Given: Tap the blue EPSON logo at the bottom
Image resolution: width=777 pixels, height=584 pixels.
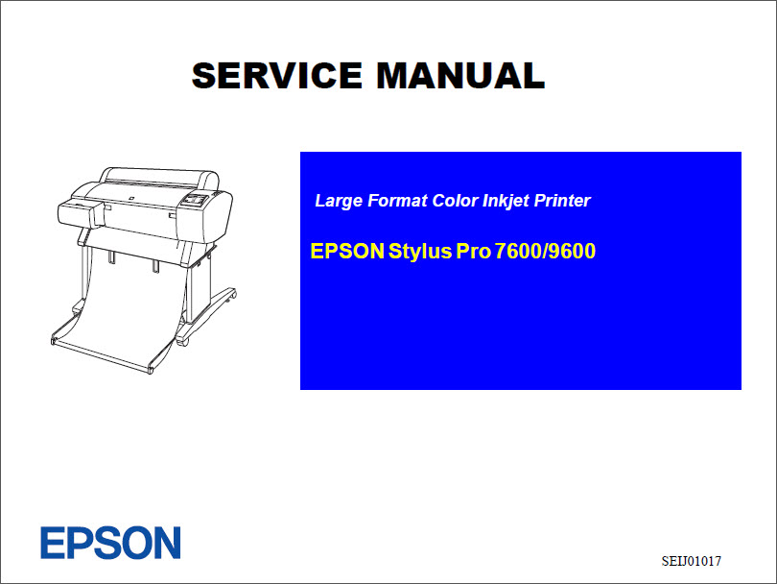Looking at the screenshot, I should tap(110, 543).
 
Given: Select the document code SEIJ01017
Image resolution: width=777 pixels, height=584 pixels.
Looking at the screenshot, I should tap(691, 560).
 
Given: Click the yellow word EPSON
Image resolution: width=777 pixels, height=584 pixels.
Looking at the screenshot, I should tap(346, 253).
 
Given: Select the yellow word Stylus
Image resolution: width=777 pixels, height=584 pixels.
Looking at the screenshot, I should tap(420, 253).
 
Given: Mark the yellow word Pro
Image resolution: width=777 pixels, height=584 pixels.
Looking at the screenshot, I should tap(474, 253).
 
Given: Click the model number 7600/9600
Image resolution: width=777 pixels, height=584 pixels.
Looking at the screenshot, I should tap(546, 253).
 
